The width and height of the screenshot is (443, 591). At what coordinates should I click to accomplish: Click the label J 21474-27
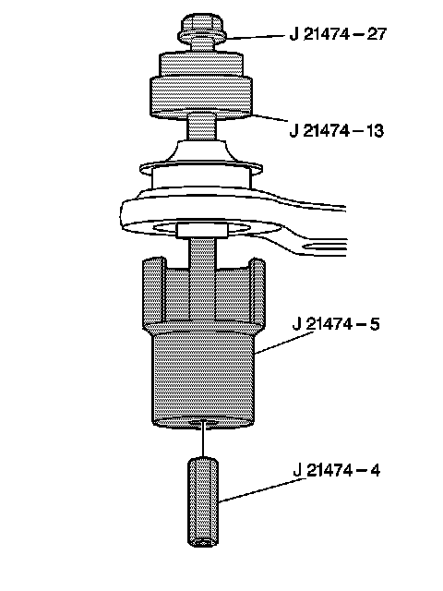coord(338,34)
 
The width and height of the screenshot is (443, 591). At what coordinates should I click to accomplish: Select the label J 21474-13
coord(337,131)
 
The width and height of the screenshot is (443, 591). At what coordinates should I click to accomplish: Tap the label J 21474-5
coord(336,324)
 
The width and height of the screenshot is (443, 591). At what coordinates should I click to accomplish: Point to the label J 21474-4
coord(336,470)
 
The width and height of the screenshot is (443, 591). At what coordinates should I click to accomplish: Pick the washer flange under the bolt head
coord(202,37)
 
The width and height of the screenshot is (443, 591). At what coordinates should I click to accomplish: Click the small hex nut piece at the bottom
coord(203,501)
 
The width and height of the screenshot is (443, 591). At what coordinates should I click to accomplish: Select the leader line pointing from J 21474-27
coord(256,37)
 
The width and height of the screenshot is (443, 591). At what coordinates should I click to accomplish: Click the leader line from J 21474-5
coord(284,343)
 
